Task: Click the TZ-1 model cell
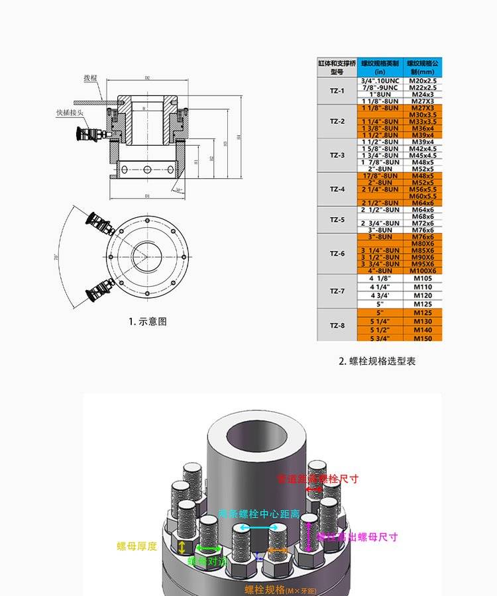pyautogui.click(x=337, y=91)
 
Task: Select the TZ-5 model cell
pyautogui.click(x=337, y=220)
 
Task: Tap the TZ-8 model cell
pyautogui.click(x=337, y=325)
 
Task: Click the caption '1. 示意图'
pyautogui.click(x=148, y=322)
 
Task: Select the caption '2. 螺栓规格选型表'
pyautogui.click(x=377, y=362)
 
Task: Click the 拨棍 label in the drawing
pyautogui.click(x=90, y=78)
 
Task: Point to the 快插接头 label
pyautogui.click(x=70, y=113)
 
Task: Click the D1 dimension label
pyautogui.click(x=147, y=196)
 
